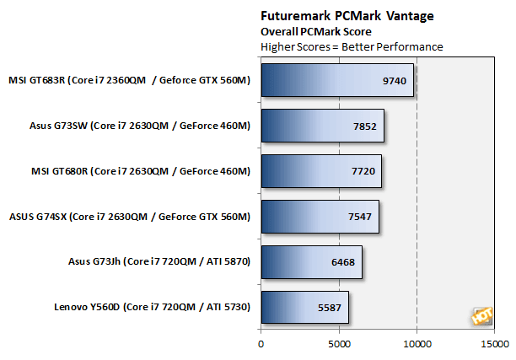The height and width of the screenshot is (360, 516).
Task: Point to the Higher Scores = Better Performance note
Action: coord(352,46)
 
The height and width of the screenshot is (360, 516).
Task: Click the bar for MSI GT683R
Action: coord(337,80)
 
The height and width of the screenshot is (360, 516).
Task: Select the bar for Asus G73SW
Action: coord(322,126)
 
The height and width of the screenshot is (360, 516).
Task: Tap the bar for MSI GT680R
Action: coord(321,171)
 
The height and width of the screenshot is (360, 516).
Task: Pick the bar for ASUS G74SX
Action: coord(320,217)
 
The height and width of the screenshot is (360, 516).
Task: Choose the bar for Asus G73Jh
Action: coord(311,262)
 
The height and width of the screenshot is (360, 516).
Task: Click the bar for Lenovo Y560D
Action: coord(304,308)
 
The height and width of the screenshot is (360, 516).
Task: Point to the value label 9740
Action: coord(395,81)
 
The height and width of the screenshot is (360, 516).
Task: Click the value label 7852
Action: coord(366,126)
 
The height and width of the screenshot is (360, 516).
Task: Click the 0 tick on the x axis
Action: coord(261,344)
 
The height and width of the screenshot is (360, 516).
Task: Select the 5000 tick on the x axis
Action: coord(339,344)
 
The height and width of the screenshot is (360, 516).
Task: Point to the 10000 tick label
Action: coord(417,344)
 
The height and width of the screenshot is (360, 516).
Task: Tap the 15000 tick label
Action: coord(494,344)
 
